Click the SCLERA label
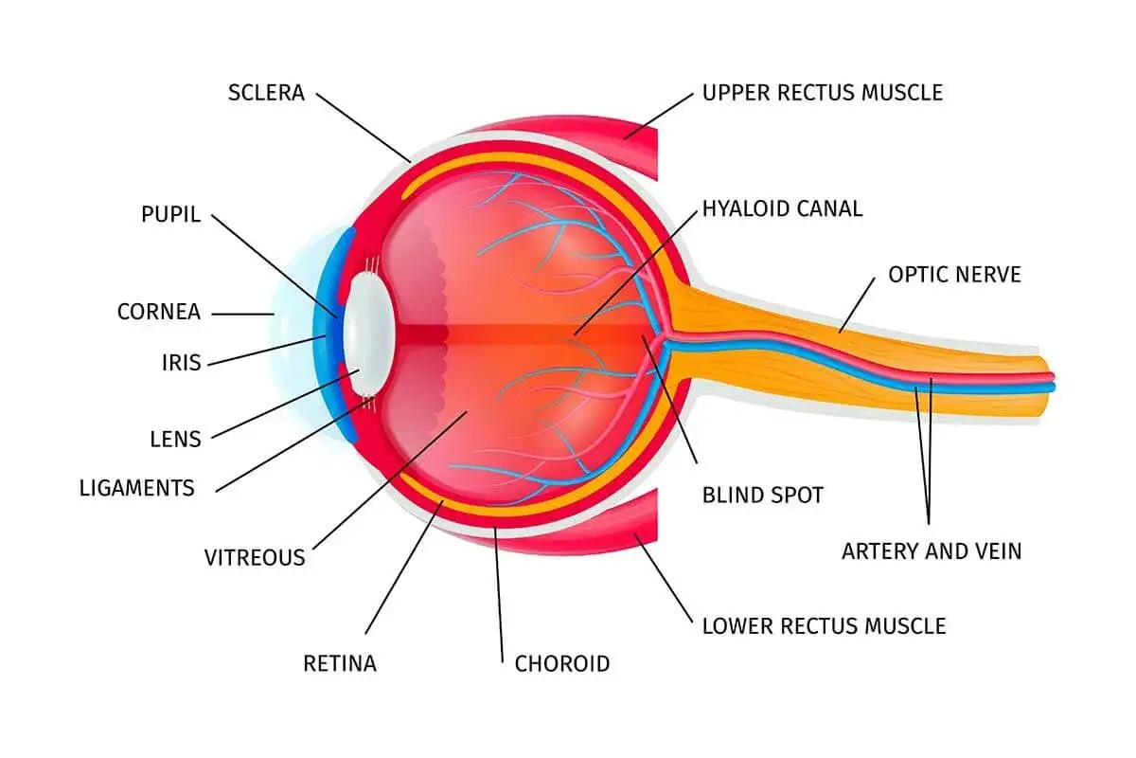point(266,93)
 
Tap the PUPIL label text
point(170,214)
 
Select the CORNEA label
point(159,312)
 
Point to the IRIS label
point(181,363)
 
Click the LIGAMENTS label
point(137,488)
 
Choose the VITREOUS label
point(255,558)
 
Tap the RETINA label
point(340,663)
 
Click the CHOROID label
point(562,664)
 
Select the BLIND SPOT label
point(763,496)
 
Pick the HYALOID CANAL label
point(783,209)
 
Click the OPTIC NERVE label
point(954,275)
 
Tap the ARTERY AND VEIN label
point(932,551)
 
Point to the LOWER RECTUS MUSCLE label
point(825,626)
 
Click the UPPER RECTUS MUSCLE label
point(823,93)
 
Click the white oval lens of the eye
point(368,334)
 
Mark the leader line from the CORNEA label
point(243,315)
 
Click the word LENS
point(175,439)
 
